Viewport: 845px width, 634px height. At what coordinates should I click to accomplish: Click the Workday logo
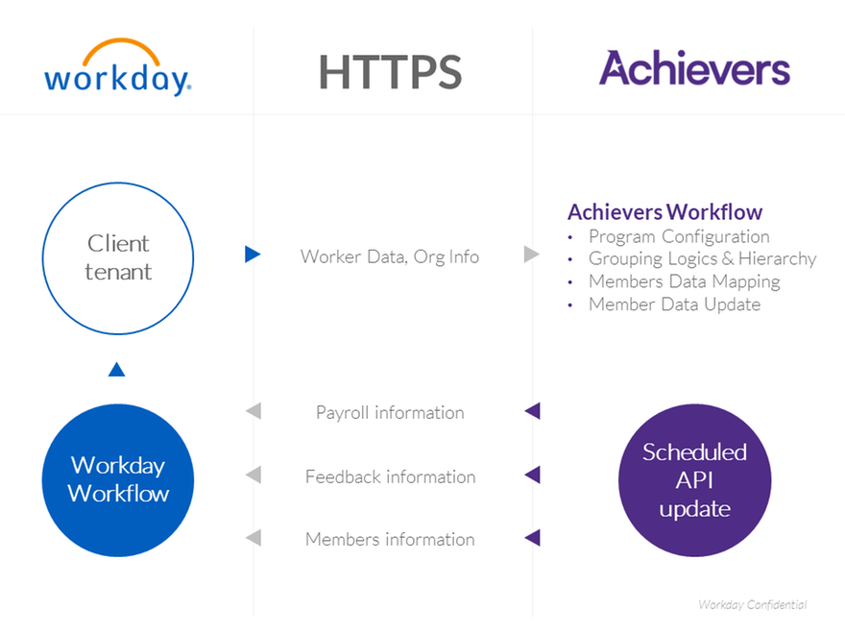(117, 68)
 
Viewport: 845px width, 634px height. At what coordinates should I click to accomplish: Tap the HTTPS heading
(390, 72)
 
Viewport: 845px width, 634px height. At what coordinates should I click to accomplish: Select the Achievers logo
(694, 69)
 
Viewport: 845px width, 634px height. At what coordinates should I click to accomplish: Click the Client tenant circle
(118, 257)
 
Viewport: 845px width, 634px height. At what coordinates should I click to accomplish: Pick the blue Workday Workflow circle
(118, 479)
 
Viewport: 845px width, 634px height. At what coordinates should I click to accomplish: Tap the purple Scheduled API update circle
(694, 480)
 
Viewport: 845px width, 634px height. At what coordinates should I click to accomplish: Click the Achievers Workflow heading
(664, 212)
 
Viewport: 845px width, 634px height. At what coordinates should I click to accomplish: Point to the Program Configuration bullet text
(679, 236)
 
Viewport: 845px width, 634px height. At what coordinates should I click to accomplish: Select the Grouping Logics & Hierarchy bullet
(702, 258)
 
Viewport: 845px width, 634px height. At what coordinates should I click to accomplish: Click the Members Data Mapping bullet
(684, 281)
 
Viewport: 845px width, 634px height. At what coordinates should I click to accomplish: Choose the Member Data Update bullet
(674, 305)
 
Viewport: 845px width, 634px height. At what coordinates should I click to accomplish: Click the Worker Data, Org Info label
(389, 256)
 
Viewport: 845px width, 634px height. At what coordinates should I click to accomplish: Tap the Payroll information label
(390, 412)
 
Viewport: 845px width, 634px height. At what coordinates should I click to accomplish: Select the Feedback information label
(390, 476)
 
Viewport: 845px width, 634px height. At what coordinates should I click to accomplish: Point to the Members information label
(390, 539)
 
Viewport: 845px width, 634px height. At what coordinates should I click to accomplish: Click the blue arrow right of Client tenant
(253, 256)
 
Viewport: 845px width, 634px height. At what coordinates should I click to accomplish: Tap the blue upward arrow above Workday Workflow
(117, 369)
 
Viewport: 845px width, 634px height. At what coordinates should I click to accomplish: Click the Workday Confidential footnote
(752, 605)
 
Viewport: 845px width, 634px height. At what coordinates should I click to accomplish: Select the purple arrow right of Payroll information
(532, 411)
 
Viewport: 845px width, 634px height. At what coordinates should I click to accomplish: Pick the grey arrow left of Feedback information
(253, 475)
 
